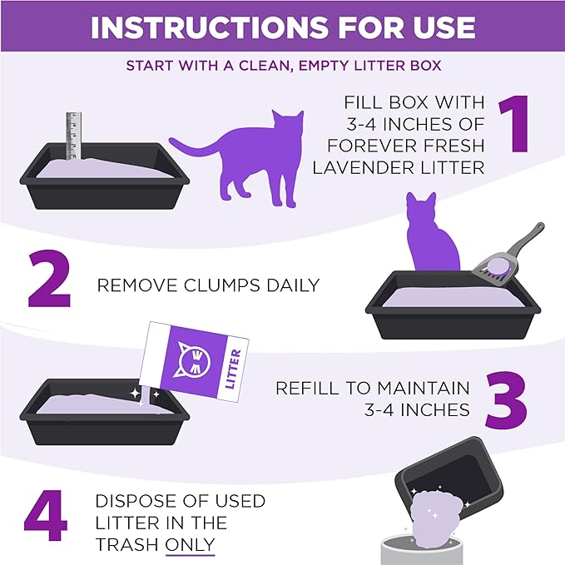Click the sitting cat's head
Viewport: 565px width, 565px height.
(420, 208)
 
